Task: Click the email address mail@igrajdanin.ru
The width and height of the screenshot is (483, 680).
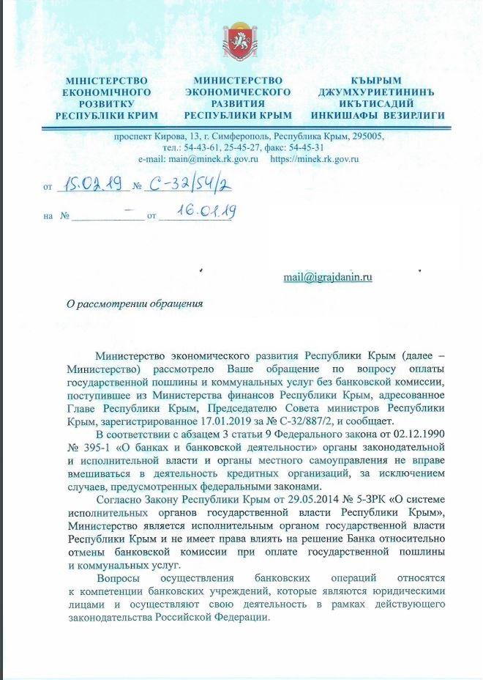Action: pos(328,277)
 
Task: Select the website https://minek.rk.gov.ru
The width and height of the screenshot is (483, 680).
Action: pos(315,158)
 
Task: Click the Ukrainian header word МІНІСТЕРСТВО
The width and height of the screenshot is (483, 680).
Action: pos(107,79)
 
